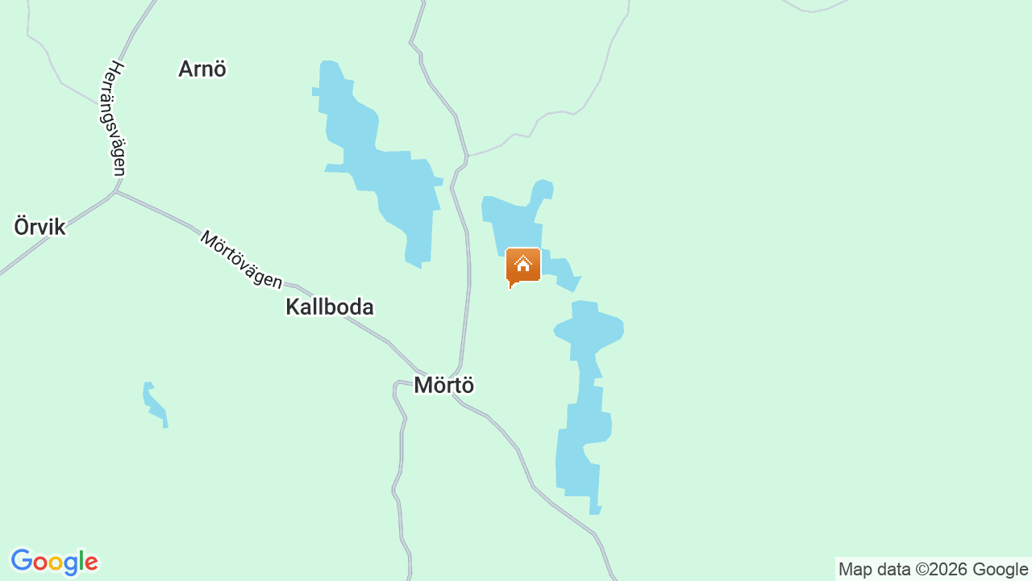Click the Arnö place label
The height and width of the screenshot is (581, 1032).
click(202, 69)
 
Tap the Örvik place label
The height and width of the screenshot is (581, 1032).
click(40, 227)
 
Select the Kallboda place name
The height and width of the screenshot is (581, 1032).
click(330, 307)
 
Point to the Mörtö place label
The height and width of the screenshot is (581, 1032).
click(443, 386)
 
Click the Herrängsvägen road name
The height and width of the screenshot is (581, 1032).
click(116, 119)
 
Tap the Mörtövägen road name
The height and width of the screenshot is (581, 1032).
click(241, 260)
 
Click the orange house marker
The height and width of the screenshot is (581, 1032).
click(522, 266)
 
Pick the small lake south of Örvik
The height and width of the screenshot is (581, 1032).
click(154, 403)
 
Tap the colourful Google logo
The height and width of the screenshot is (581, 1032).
click(54, 562)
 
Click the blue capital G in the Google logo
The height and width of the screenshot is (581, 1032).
click(21, 561)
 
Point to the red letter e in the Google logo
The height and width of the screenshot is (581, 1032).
click(91, 563)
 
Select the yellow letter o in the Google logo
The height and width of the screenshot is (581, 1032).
click(55, 563)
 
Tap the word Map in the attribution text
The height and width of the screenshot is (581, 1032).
click(855, 570)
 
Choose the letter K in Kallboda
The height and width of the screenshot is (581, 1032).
click(292, 307)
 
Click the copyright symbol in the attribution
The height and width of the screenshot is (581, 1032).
click(921, 570)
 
